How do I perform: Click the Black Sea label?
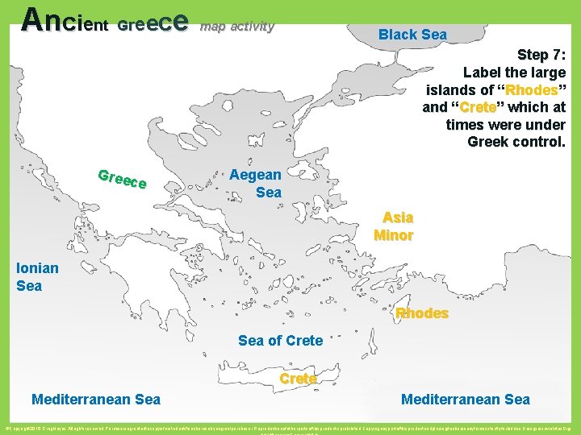[x=412, y=35]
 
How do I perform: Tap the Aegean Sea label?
[x=256, y=184]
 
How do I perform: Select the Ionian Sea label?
[x=37, y=277]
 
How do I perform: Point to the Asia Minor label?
[x=395, y=226]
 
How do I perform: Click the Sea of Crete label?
[x=280, y=341]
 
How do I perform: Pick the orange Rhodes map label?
[x=422, y=313]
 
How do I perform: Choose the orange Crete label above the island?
[x=298, y=379]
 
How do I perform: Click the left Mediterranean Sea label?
[x=95, y=400]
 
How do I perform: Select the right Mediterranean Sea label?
[x=466, y=400]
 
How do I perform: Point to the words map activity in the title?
[x=237, y=27]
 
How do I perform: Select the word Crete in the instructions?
[x=482, y=107]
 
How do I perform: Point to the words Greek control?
[x=516, y=142]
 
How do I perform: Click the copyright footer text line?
[x=290, y=424]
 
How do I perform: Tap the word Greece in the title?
[x=153, y=23]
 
